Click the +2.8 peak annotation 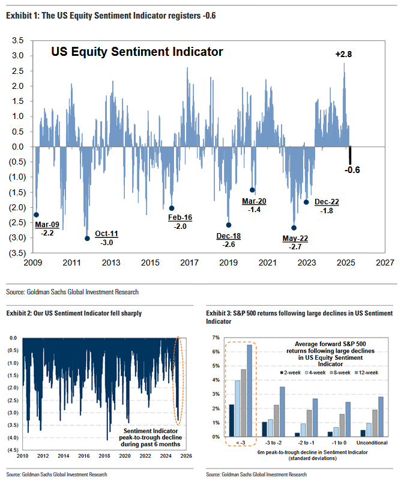pos(343,55)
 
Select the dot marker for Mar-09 pos(36,214)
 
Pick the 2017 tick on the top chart pos(189,263)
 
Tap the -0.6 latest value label pos(352,170)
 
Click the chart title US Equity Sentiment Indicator pos(137,52)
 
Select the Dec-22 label pos(327,202)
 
